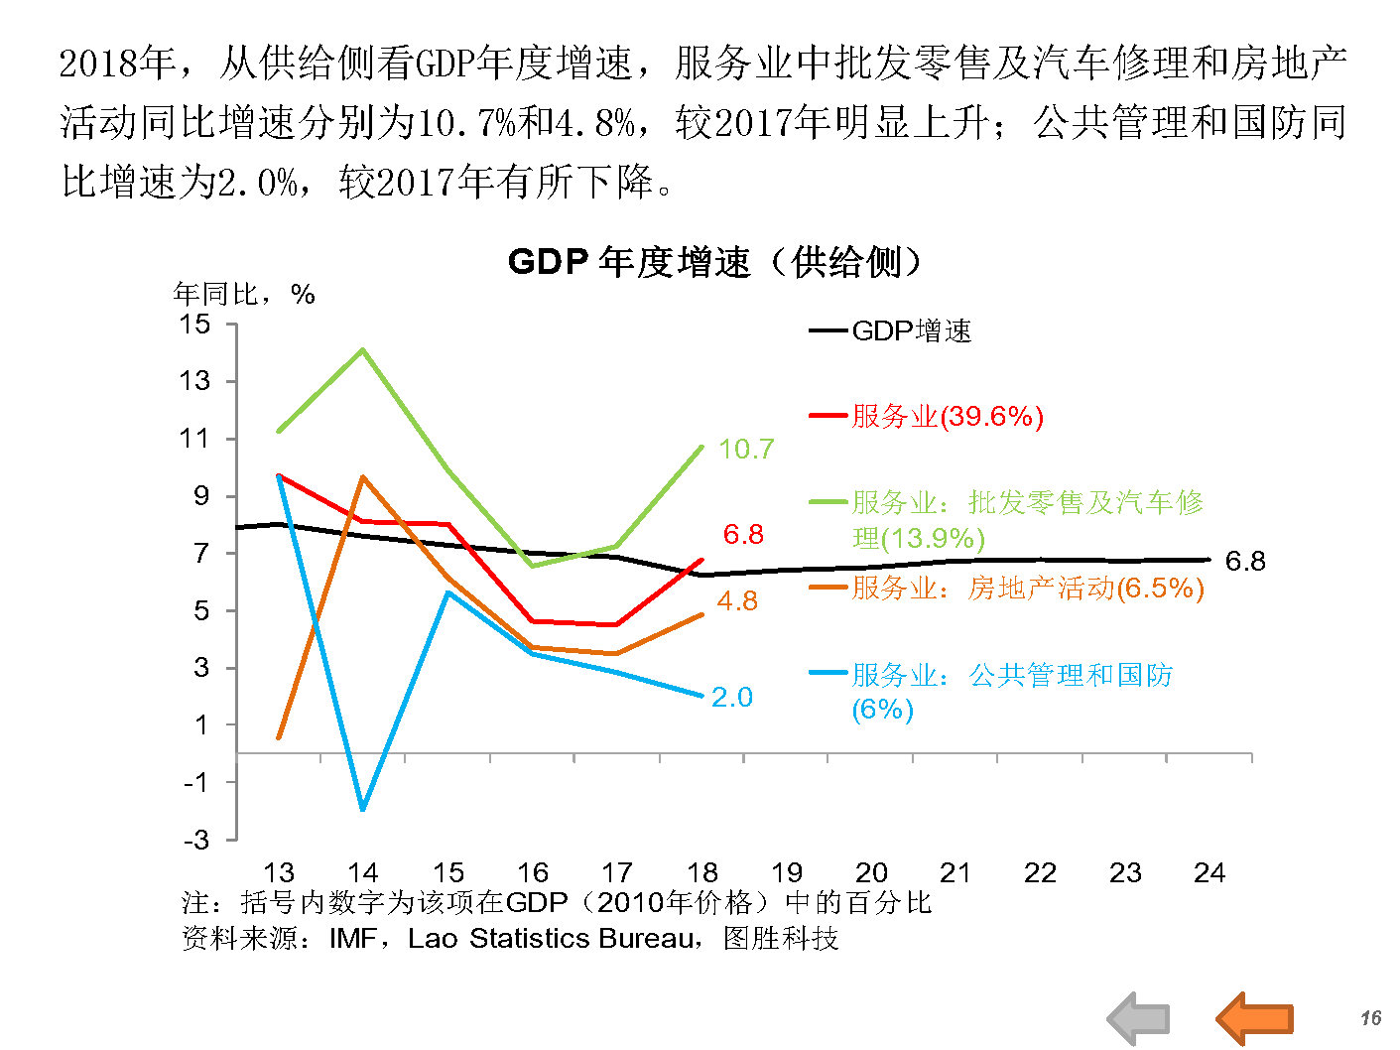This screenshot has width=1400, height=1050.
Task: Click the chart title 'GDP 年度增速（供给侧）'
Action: tap(714, 263)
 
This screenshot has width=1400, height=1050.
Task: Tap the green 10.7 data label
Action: tap(745, 450)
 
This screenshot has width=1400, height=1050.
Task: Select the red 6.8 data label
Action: tap(743, 535)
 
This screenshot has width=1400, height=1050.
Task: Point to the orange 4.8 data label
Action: tap(737, 601)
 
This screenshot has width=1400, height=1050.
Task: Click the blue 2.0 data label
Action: tap(732, 698)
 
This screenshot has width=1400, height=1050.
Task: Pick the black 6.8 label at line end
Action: tap(1245, 562)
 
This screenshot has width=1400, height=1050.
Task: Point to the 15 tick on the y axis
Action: tap(194, 324)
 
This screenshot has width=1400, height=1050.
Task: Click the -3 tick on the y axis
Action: tap(196, 840)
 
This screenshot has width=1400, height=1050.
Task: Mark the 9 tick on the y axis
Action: tap(201, 496)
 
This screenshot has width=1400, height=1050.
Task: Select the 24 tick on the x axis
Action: tap(1209, 873)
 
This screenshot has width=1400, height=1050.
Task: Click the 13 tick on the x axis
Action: tap(279, 873)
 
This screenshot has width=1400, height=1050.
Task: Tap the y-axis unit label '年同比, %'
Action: tap(244, 294)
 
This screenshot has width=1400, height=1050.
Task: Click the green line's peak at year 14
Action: tap(363, 349)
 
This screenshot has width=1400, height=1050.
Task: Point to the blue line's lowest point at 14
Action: tap(363, 810)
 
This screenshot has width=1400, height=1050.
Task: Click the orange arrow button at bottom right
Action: tap(1255, 1018)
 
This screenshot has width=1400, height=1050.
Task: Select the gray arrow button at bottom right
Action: tap(1139, 1018)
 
